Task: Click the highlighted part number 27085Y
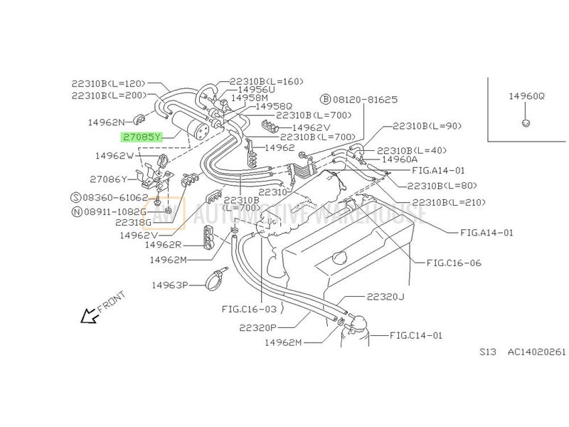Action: [142, 137]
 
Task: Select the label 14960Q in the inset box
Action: [526, 96]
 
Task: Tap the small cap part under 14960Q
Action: [526, 122]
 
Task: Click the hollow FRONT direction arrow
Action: [90, 316]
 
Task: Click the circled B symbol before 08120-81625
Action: [326, 100]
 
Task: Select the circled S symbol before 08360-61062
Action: [76, 198]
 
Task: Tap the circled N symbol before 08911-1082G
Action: [78, 211]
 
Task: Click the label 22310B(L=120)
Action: [108, 83]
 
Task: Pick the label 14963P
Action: [170, 285]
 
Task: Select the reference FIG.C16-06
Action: [454, 263]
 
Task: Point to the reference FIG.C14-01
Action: [416, 335]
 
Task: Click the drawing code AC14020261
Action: [537, 352]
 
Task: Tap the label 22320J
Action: [385, 297]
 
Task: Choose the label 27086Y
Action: [109, 179]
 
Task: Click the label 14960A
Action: [400, 159]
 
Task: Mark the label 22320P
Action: [257, 328]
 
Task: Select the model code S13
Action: [487, 352]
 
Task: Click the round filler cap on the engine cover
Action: [343, 258]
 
